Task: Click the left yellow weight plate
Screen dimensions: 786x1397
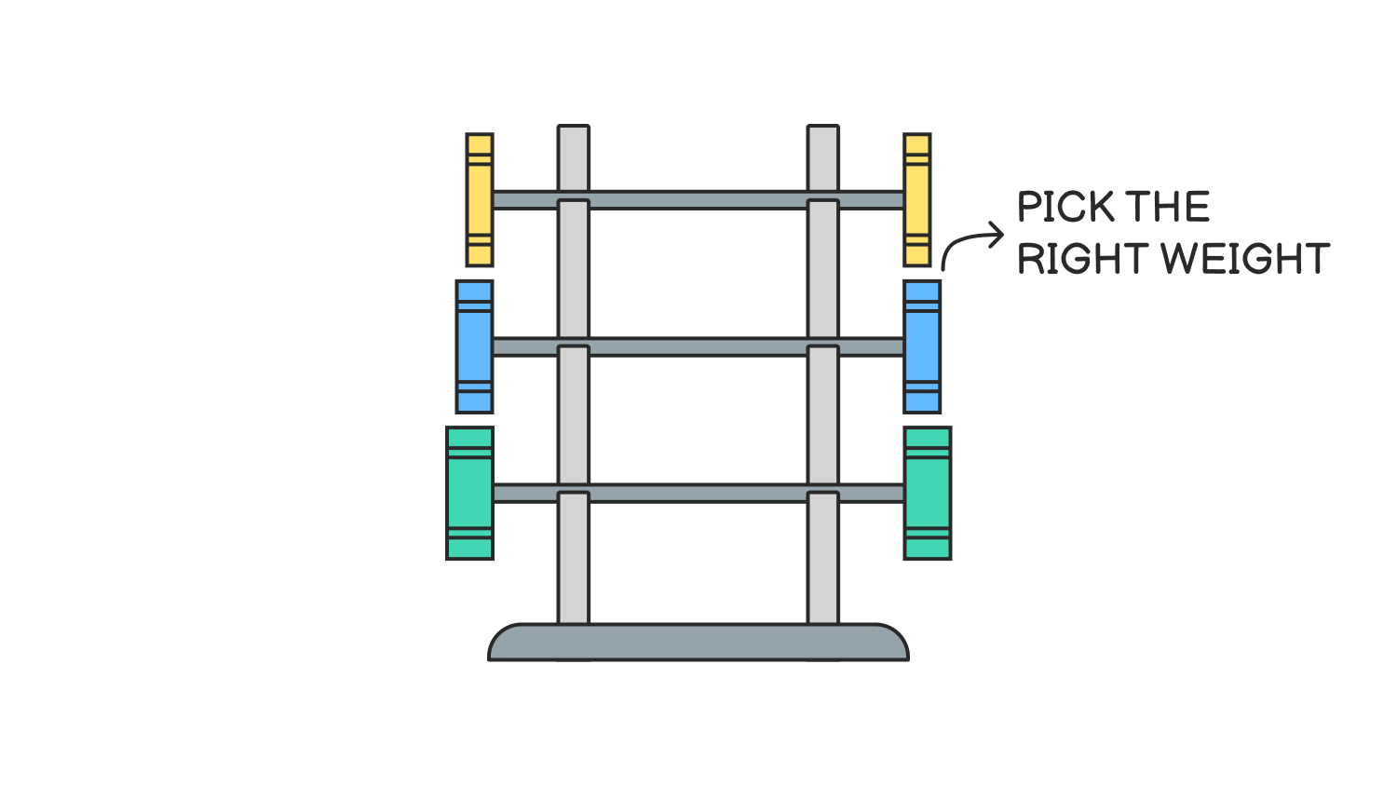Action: point(480,199)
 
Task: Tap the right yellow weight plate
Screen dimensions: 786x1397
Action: point(917,199)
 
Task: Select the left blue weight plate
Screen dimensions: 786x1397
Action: point(474,346)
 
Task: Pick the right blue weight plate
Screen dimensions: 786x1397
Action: point(922,346)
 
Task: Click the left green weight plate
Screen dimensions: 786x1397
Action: point(469,493)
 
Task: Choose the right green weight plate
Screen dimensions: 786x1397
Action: point(928,493)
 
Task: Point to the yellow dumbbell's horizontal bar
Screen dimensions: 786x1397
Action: point(698,199)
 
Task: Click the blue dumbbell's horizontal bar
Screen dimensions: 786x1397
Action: point(698,346)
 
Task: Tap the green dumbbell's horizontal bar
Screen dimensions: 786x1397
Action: point(698,493)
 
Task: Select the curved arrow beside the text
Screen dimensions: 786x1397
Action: point(969,242)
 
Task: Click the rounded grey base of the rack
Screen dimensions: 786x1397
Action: point(698,643)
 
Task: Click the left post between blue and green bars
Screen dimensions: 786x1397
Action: point(574,419)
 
